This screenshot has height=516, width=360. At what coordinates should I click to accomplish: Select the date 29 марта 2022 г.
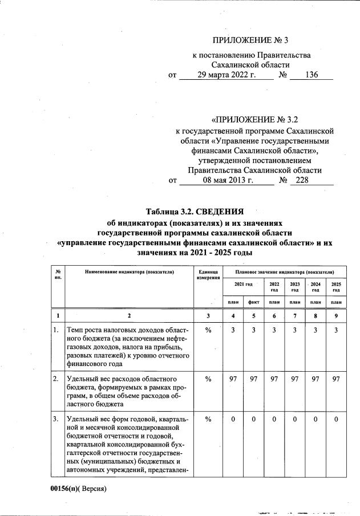[x=226, y=75]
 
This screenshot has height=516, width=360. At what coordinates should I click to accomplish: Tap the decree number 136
[x=312, y=75]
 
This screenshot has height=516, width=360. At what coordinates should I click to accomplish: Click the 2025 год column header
[x=336, y=286]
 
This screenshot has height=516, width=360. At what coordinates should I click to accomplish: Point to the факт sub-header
[x=254, y=302]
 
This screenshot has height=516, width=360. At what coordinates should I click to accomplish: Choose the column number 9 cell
[x=336, y=315]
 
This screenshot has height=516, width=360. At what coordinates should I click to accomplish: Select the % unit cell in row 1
[x=208, y=330]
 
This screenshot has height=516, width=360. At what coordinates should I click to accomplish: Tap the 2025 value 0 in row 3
[x=336, y=420]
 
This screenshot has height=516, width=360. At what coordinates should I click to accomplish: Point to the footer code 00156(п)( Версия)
[x=78, y=488]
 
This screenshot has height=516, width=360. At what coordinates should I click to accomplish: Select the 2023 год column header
[x=295, y=286]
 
